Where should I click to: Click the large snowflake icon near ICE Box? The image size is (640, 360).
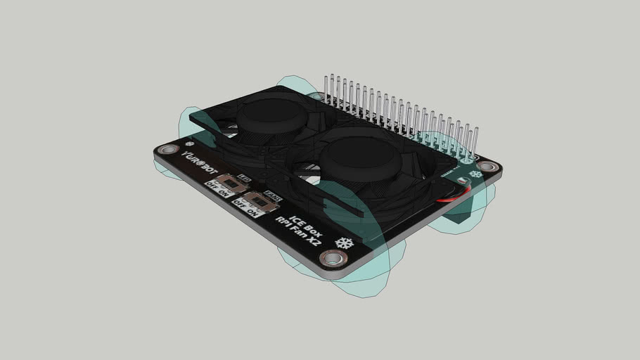(344, 243)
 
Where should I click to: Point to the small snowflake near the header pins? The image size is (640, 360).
(476, 173)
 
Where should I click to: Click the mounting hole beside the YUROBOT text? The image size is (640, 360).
(167, 150)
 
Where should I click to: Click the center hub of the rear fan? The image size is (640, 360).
(271, 113)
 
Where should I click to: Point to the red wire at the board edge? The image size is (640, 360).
(451, 198)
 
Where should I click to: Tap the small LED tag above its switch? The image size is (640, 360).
(244, 179)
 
